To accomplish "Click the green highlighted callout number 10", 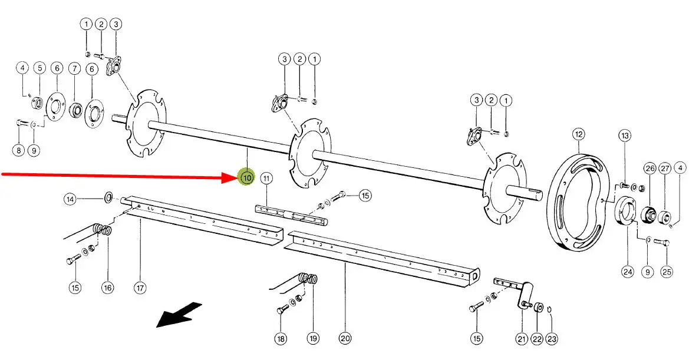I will click(246, 177).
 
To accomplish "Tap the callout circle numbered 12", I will click(578, 135).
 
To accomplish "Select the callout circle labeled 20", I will click(345, 338).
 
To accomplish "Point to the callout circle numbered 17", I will click(140, 288).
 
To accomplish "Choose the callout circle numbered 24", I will click(627, 272).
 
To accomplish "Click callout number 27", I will click(664, 169).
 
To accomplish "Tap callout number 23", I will click(551, 339).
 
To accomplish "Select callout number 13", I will click(625, 136).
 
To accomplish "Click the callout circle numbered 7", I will click(75, 68).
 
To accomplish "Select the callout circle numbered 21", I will click(522, 339).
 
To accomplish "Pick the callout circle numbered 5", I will click(39, 68).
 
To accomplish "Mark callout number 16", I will click(107, 288).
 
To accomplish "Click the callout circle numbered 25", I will click(666, 272).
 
